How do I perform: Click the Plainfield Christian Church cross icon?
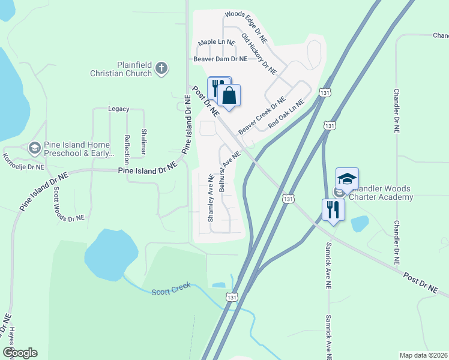(x=161, y=68)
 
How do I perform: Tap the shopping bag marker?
(x=229, y=95)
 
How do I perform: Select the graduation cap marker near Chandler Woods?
(x=347, y=179)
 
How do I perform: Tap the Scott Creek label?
(x=170, y=287)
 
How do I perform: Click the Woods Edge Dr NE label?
(x=246, y=22)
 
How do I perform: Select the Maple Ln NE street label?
(x=216, y=42)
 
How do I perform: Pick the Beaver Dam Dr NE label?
(x=220, y=59)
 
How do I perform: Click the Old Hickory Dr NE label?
(x=259, y=54)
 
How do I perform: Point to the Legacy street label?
(x=118, y=109)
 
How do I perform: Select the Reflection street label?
(x=127, y=150)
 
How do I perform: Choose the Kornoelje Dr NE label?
(x=23, y=161)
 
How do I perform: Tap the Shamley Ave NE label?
(x=211, y=199)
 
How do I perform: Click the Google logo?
(x=20, y=353)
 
